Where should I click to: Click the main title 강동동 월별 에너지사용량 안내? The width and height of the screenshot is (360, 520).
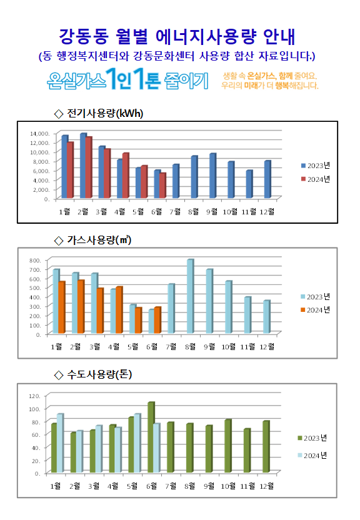coord(177,36)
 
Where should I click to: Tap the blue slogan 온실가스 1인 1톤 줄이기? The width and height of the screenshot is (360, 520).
coord(127,79)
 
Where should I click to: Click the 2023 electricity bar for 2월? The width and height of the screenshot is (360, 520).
coord(83,166)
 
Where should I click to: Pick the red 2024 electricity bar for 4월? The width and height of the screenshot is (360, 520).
coord(126,176)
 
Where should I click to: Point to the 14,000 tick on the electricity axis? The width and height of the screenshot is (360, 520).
coord(39,133)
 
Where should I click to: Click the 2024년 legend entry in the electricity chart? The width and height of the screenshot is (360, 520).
coord(315,179)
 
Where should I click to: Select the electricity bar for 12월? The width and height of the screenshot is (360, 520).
coord(267,179)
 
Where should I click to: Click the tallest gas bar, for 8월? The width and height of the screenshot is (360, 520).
coord(190,296)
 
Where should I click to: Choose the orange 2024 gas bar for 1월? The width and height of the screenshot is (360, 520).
coord(62,307)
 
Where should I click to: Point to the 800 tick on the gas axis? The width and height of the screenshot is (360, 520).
coord(35,261)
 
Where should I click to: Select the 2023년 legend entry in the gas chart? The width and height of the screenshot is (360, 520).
coord(315,296)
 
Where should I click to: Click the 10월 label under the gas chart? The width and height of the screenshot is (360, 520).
coord(228,346)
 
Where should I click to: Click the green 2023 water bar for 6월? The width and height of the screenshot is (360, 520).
coord(151,437)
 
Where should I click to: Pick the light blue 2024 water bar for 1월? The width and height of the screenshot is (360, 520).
coord(60,443)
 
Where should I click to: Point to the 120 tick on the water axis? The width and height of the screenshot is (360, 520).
coord(35,396)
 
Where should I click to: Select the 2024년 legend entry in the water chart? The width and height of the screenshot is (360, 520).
coord(312,456)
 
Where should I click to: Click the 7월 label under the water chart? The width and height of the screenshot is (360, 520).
coord(171,486)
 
